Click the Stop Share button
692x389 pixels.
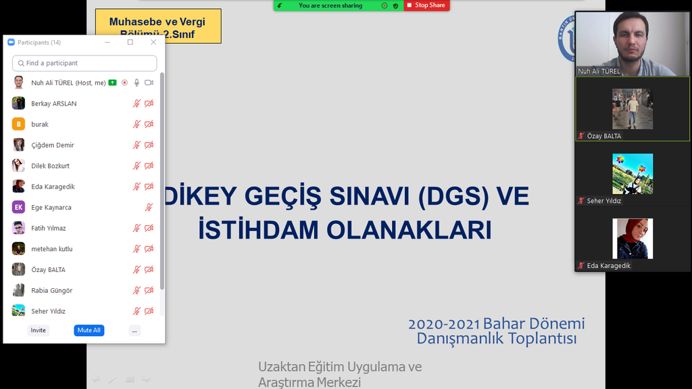(x=426, y=5)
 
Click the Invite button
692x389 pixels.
(x=39, y=330)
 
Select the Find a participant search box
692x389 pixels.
(x=84, y=63)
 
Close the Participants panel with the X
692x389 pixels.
(x=153, y=42)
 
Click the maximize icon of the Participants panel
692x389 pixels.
(x=130, y=42)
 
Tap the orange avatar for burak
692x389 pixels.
(x=18, y=124)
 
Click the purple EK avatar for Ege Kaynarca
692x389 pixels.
(x=18, y=208)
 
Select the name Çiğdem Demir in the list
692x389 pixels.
(x=53, y=145)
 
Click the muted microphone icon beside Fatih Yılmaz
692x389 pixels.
(x=137, y=228)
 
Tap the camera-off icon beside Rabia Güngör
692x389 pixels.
(x=149, y=290)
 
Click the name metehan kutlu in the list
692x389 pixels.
(x=52, y=249)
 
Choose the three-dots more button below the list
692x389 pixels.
(x=134, y=330)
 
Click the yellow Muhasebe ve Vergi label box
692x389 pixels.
(x=158, y=26)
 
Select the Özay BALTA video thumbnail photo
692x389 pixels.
(x=633, y=108)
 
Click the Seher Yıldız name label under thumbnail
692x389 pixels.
(x=603, y=201)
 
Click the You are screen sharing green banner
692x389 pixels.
(x=330, y=5)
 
